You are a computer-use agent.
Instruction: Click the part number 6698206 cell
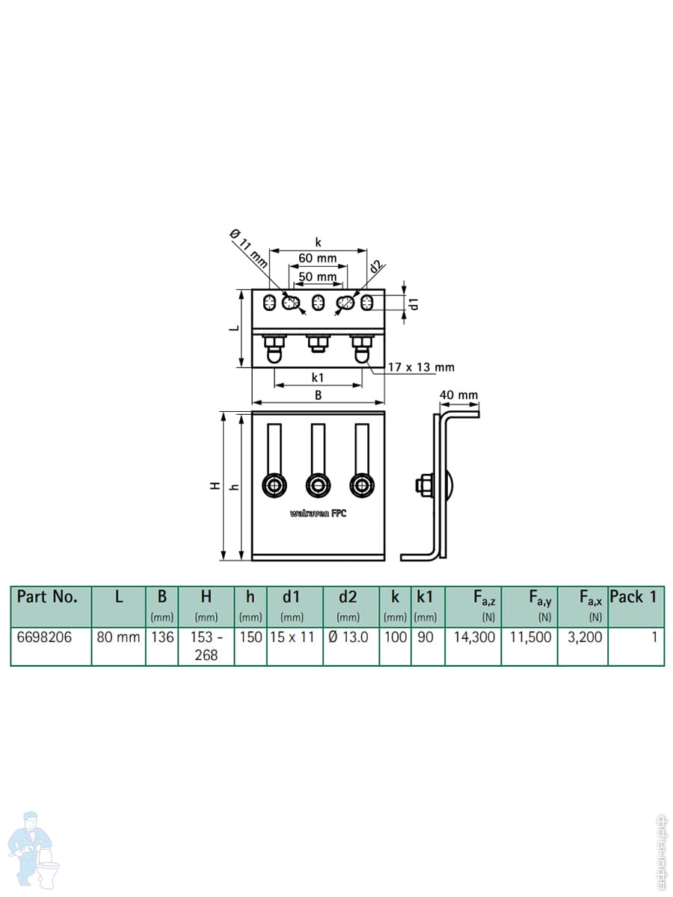(44, 638)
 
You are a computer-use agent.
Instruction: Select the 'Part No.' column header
(47, 597)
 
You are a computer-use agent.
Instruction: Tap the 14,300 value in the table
(473, 638)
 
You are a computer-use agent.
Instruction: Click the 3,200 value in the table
(582, 638)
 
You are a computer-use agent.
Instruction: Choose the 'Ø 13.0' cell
(350, 638)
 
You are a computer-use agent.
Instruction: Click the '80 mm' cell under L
(118, 638)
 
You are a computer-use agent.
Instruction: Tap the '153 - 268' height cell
(206, 646)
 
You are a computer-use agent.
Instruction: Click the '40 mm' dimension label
(458, 395)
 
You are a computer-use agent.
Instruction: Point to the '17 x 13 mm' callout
(421, 367)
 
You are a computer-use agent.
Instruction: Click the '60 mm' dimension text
(318, 259)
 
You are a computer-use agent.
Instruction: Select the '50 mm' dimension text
(318, 277)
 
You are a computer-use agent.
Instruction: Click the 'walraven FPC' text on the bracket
(318, 514)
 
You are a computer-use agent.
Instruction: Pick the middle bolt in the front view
(319, 486)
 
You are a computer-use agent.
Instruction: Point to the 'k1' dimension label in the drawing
(318, 377)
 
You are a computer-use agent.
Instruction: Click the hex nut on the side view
(421, 486)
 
